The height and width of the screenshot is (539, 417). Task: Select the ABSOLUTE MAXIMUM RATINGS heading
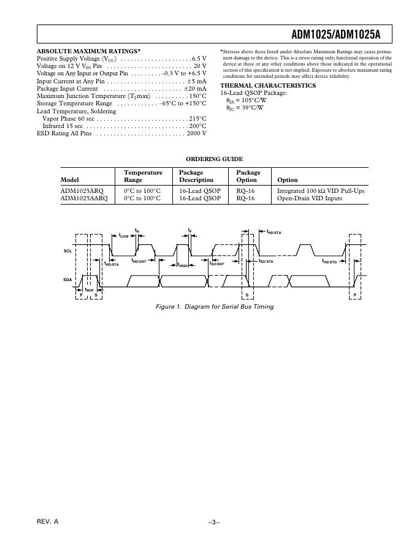point(88,51)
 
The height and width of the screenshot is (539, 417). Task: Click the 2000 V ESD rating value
point(197,133)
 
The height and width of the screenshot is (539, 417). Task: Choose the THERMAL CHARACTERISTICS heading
point(268,86)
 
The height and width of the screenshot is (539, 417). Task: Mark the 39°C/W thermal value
point(253,108)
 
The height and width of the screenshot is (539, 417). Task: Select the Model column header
point(70,180)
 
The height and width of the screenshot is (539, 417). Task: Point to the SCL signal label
point(67,251)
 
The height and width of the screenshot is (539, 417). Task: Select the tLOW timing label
point(123,236)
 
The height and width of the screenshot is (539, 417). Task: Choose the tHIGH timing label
point(183,265)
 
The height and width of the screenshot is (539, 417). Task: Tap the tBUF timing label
point(89,288)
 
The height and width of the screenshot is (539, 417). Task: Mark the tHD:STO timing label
point(329,262)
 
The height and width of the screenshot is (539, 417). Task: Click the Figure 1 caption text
point(215,306)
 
